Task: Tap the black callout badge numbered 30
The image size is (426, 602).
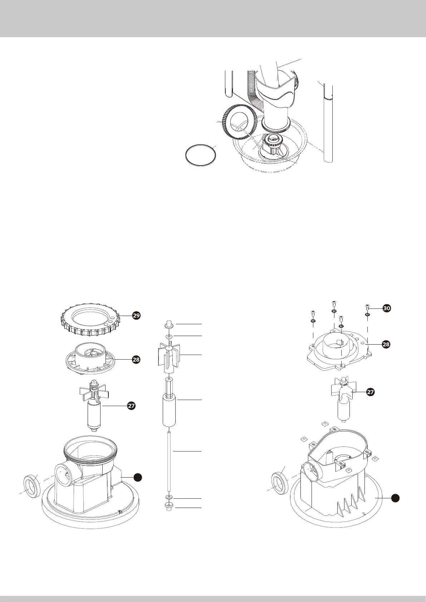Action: [387, 308]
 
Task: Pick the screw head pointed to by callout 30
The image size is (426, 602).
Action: [367, 306]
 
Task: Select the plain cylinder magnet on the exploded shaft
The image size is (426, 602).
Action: [170, 410]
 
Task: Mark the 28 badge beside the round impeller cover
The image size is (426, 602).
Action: [136, 359]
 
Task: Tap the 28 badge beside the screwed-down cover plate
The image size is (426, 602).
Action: [386, 344]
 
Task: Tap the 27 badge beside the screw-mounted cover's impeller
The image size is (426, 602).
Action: [371, 392]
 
